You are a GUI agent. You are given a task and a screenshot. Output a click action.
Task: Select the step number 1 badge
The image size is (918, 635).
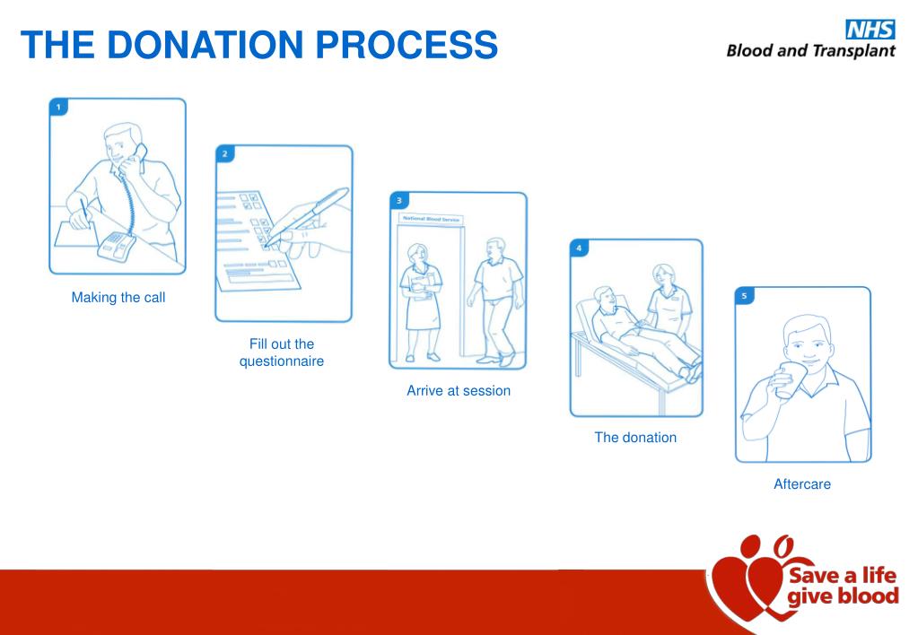(58, 107)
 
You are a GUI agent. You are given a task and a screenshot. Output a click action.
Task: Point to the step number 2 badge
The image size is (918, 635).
(224, 154)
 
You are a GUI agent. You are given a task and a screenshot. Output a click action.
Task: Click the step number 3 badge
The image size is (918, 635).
(398, 201)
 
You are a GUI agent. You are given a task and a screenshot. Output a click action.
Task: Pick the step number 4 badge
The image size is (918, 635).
(580, 248)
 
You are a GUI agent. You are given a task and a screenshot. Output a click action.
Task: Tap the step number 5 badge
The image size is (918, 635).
(745, 295)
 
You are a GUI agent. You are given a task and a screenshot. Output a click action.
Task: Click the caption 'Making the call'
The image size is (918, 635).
(118, 298)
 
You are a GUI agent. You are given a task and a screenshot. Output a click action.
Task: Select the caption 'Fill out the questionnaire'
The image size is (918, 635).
(281, 352)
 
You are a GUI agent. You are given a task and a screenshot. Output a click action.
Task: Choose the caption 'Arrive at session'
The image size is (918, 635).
(459, 390)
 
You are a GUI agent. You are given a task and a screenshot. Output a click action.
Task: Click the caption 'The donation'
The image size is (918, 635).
(635, 438)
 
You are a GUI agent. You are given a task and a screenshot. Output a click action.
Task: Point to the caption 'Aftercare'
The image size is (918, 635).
(802, 484)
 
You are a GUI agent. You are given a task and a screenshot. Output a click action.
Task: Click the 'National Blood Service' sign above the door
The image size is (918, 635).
(430, 219)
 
